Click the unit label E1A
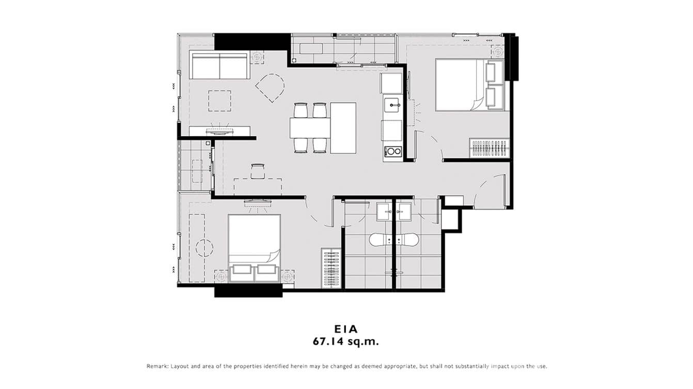[346, 329]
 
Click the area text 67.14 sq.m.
[346, 341]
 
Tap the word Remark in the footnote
[157, 366]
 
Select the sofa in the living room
[219, 65]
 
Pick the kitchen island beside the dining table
[343, 127]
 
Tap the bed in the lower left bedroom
[254, 239]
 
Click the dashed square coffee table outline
[220, 101]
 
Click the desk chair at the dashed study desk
[258, 171]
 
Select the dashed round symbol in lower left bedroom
[204, 247]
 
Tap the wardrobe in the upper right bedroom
[489, 148]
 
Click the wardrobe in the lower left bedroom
[330, 268]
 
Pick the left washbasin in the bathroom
[384, 211]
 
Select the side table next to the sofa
[257, 57]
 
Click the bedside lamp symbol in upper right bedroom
[498, 52]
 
